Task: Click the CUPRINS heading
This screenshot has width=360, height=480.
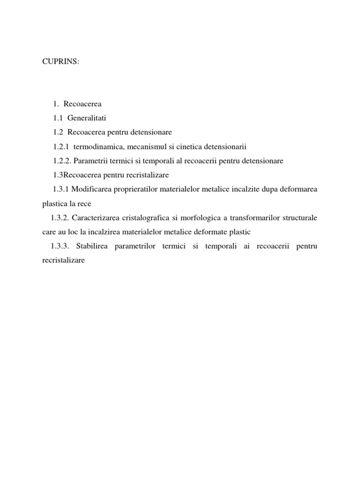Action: click(61, 62)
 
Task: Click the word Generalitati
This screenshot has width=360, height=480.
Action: click(93, 117)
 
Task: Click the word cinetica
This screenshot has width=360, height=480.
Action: click(187, 146)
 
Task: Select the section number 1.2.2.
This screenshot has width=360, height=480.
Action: click(62, 161)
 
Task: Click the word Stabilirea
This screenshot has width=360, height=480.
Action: click(91, 247)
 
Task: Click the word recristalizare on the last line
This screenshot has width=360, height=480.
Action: click(60, 261)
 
